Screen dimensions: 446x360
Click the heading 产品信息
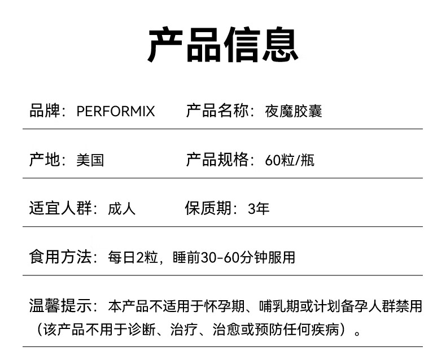222,45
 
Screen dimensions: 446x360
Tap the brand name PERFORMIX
115,111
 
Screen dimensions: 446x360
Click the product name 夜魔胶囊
294,111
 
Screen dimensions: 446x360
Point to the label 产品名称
217,111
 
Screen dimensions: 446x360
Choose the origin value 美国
90,160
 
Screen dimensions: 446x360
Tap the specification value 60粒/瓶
290,160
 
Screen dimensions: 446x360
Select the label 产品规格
217,160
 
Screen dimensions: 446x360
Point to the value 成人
122,209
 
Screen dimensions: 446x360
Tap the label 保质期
209,209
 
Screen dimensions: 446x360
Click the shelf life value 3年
259,209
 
